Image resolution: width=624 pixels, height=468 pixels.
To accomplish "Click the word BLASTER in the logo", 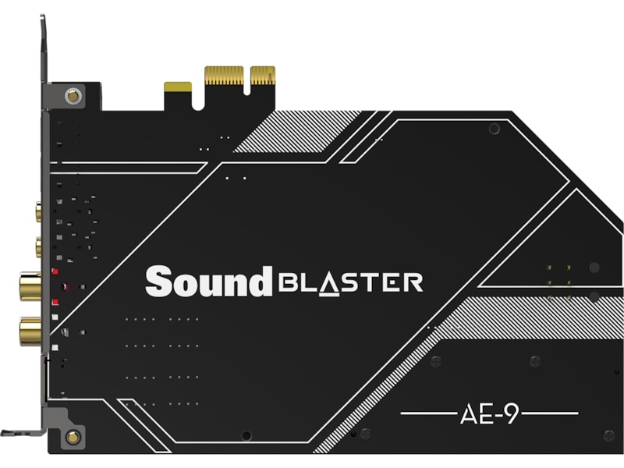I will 351,282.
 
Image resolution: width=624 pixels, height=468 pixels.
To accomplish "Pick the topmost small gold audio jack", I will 38,211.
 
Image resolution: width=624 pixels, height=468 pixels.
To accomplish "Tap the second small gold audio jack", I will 38,248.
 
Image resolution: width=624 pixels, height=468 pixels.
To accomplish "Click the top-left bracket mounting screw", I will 73,96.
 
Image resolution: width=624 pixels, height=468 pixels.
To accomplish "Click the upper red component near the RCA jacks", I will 55,273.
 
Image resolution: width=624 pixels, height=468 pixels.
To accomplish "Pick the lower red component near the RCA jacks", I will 55,301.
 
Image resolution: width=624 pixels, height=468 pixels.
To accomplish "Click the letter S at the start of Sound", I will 158,281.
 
